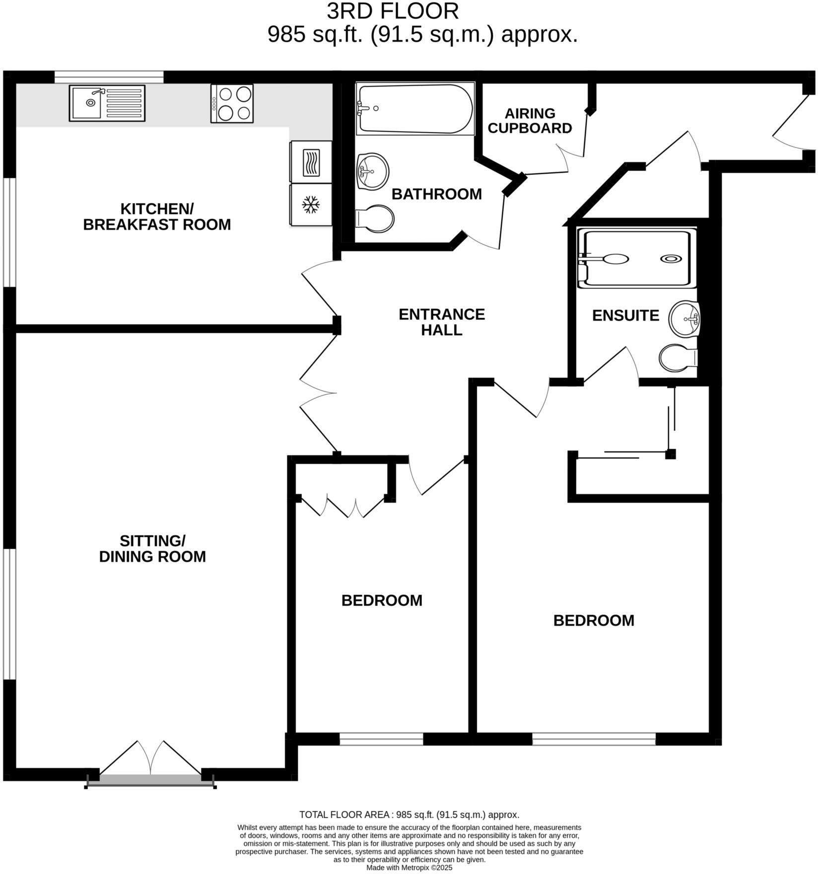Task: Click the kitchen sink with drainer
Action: [107, 103]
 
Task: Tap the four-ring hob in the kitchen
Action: [232, 103]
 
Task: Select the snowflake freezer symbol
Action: [311, 205]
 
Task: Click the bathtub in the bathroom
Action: [414, 109]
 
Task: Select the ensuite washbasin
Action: [684, 318]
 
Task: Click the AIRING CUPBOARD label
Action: [530, 121]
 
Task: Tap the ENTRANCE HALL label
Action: [442, 322]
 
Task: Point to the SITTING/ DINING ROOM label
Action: [152, 548]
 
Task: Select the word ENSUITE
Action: [625, 315]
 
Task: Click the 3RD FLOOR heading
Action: [393, 11]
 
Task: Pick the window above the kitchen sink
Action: [109, 77]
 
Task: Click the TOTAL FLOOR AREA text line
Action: [409, 814]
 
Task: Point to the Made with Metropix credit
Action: [409, 868]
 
